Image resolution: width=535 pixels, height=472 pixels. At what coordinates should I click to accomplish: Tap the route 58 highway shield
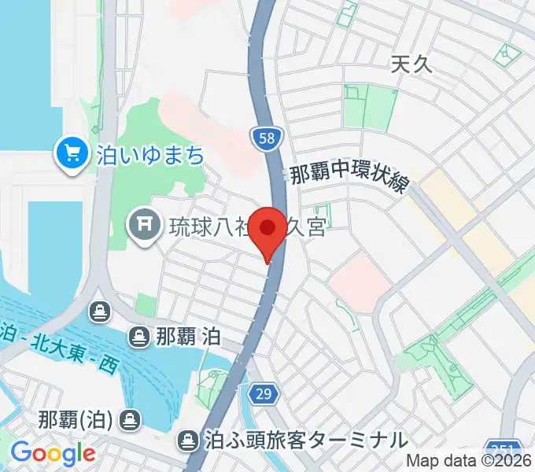click(x=266, y=138)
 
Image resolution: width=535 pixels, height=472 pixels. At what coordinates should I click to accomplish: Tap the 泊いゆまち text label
click(x=150, y=154)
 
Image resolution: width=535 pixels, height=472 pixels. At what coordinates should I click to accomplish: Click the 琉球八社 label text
click(x=208, y=228)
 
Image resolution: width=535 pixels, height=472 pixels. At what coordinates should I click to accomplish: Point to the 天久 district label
click(x=411, y=66)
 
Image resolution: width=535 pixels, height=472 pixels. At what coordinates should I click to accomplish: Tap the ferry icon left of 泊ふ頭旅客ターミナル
click(x=190, y=439)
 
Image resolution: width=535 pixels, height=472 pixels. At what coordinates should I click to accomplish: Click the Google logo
click(x=52, y=453)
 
